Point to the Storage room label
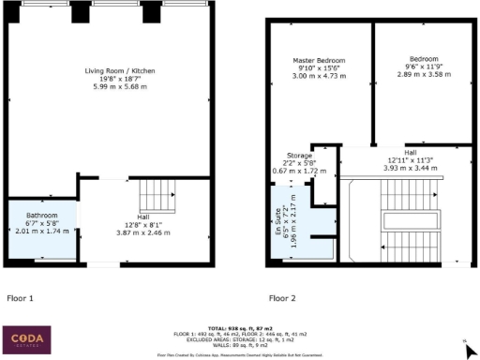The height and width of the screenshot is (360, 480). (299, 155)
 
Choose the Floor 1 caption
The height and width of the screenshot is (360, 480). (22, 298)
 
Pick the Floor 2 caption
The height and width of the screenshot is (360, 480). (284, 298)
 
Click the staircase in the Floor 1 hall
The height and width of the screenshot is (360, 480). (156, 198)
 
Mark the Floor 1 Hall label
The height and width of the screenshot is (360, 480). (142, 217)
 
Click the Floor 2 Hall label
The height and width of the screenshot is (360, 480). (411, 151)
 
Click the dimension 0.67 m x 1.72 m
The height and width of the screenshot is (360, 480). (299, 172)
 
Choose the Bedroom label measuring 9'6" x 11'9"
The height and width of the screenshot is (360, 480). (419, 60)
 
